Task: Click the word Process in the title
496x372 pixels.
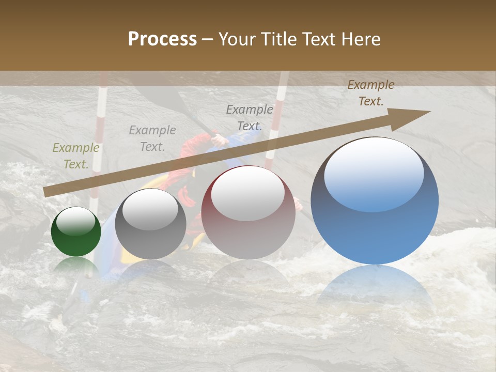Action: (162, 39)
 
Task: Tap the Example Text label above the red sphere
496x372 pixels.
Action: (250, 118)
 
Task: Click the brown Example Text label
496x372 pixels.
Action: (371, 93)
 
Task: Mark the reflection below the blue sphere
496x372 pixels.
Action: (375, 287)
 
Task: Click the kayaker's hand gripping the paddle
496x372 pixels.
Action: (219, 138)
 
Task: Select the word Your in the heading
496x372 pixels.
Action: (238, 39)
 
